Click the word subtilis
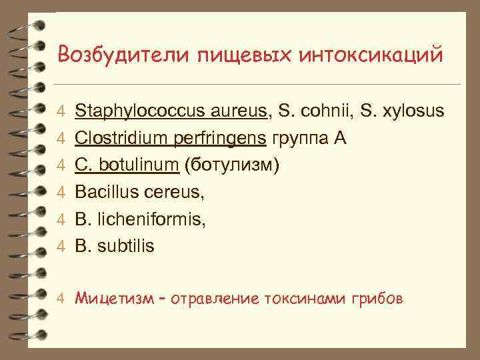tap(126, 246)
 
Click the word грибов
tap(378, 298)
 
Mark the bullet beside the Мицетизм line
tap(60, 299)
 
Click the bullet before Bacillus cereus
tap(60, 193)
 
